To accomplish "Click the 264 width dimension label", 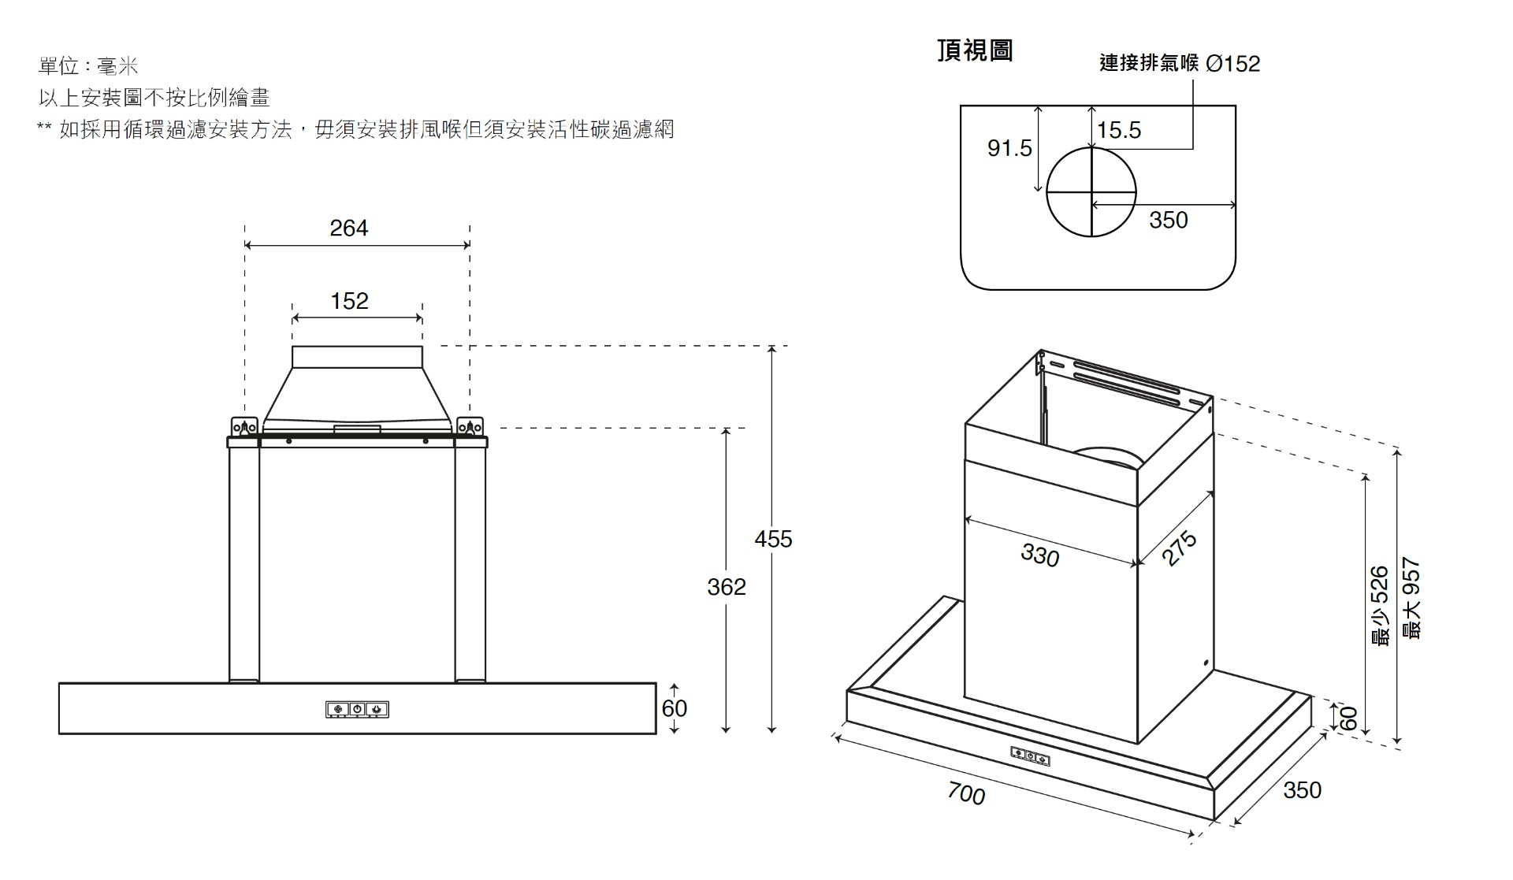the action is click(x=348, y=228).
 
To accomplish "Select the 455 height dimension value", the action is click(x=773, y=539).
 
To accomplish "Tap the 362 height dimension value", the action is click(x=726, y=587).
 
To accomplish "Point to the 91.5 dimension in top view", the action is click(x=1009, y=148).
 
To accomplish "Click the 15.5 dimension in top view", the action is click(x=1119, y=130).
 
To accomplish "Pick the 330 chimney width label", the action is click(x=1040, y=555).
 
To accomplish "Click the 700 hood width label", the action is click(x=967, y=793).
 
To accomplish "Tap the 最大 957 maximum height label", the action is click(x=1411, y=599).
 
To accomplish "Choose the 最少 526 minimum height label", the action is click(x=1380, y=607).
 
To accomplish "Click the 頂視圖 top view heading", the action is click(x=975, y=50).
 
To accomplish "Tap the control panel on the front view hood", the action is click(x=358, y=710).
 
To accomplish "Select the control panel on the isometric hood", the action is click(x=1031, y=756).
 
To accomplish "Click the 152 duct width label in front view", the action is click(x=349, y=301).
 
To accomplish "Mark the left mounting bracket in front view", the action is click(x=244, y=426).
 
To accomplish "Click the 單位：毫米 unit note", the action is click(x=88, y=66).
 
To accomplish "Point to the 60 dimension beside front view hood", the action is click(x=675, y=708).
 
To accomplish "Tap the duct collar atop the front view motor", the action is click(x=357, y=357).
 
